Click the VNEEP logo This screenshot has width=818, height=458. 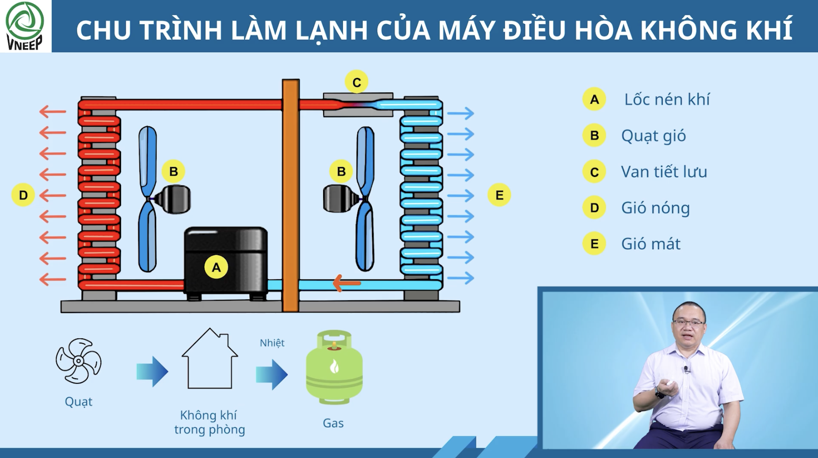pyautogui.click(x=24, y=26)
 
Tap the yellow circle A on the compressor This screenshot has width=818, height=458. pyautogui.click(x=216, y=267)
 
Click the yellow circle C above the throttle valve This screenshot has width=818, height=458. pyautogui.click(x=356, y=82)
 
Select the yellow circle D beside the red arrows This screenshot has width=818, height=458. pyautogui.click(x=23, y=195)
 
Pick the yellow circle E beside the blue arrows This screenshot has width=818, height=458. pyautogui.click(x=499, y=195)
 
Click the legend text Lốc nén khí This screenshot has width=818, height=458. pyautogui.click(x=667, y=99)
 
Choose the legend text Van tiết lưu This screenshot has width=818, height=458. pyautogui.click(x=664, y=172)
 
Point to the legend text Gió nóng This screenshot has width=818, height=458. pyautogui.click(x=655, y=208)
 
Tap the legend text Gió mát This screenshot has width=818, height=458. pyautogui.click(x=651, y=244)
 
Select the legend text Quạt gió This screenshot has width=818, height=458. pyautogui.click(x=653, y=136)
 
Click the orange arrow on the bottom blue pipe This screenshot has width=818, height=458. pyautogui.click(x=347, y=283)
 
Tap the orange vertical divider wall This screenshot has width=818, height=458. pyautogui.click(x=291, y=196)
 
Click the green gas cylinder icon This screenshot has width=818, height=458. pyautogui.click(x=334, y=367)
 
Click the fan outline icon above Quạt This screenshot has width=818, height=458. pyautogui.click(x=78, y=361)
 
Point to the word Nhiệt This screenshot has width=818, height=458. pyautogui.click(x=272, y=343)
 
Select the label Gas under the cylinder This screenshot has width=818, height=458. pyautogui.click(x=333, y=423)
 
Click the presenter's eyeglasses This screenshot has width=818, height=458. pyautogui.click(x=689, y=322)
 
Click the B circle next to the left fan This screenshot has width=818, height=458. pyautogui.click(x=173, y=172)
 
